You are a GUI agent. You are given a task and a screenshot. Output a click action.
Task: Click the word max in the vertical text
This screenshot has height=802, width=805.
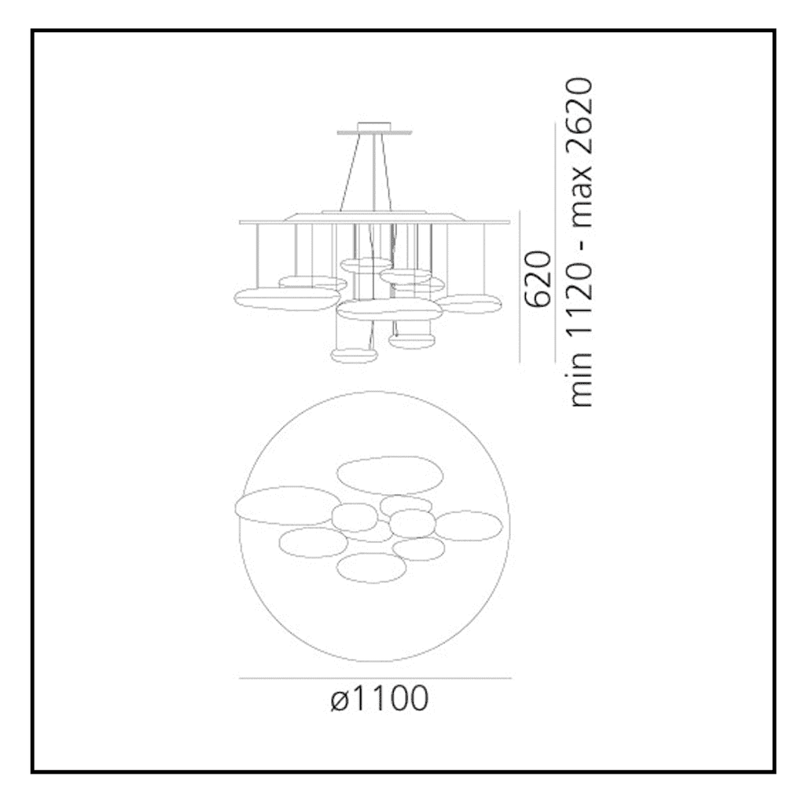(582, 203)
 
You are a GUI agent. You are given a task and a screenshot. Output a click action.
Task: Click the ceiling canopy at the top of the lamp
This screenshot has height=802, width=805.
(374, 129)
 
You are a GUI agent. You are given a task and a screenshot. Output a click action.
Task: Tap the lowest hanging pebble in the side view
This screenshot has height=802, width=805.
(355, 355)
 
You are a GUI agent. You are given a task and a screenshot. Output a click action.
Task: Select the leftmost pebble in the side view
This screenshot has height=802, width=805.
(286, 299)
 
